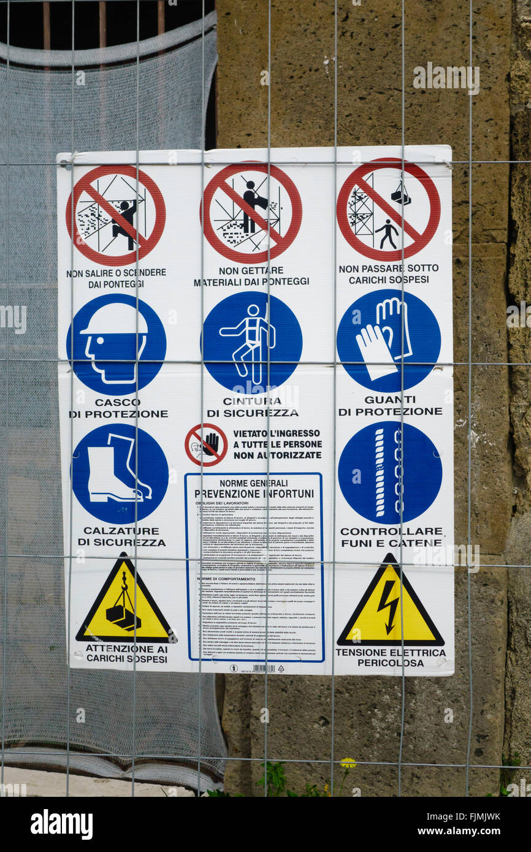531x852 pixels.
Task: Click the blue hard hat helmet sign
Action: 116,344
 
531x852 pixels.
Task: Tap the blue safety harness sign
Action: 251,342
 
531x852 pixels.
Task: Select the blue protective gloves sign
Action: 388,341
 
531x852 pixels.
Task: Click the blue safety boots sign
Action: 120,473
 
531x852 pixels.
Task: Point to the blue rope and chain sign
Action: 389,472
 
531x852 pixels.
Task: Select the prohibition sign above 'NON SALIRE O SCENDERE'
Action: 116,215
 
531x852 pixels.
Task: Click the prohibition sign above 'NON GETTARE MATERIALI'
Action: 251,213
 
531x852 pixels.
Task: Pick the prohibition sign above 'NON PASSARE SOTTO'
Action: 388,210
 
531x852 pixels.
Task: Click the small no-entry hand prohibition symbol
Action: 206,444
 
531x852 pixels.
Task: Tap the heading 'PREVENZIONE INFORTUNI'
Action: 254,493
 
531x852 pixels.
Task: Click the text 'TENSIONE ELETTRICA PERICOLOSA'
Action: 390,658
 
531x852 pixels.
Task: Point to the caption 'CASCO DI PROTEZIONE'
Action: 118,408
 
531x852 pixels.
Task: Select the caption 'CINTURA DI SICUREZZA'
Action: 252,407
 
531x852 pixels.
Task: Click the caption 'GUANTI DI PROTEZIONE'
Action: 390,405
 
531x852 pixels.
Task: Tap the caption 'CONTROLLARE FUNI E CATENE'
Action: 391,536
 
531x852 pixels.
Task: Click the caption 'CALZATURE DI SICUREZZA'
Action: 121,536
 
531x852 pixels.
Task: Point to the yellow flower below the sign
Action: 348,763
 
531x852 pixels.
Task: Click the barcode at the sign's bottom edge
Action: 263,668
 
